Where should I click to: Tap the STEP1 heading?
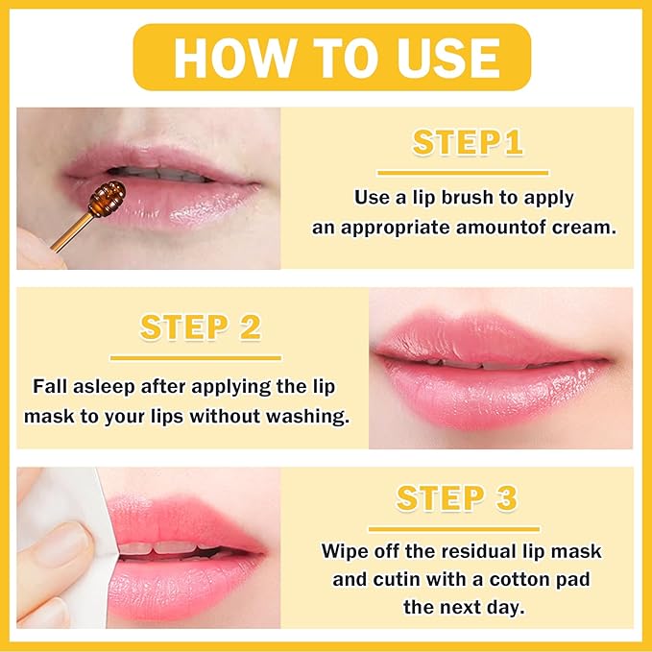point(468,142)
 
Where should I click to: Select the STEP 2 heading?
point(201,326)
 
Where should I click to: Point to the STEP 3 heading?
point(456,498)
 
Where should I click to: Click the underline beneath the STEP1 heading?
point(463,173)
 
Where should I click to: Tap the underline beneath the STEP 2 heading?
point(197,357)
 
